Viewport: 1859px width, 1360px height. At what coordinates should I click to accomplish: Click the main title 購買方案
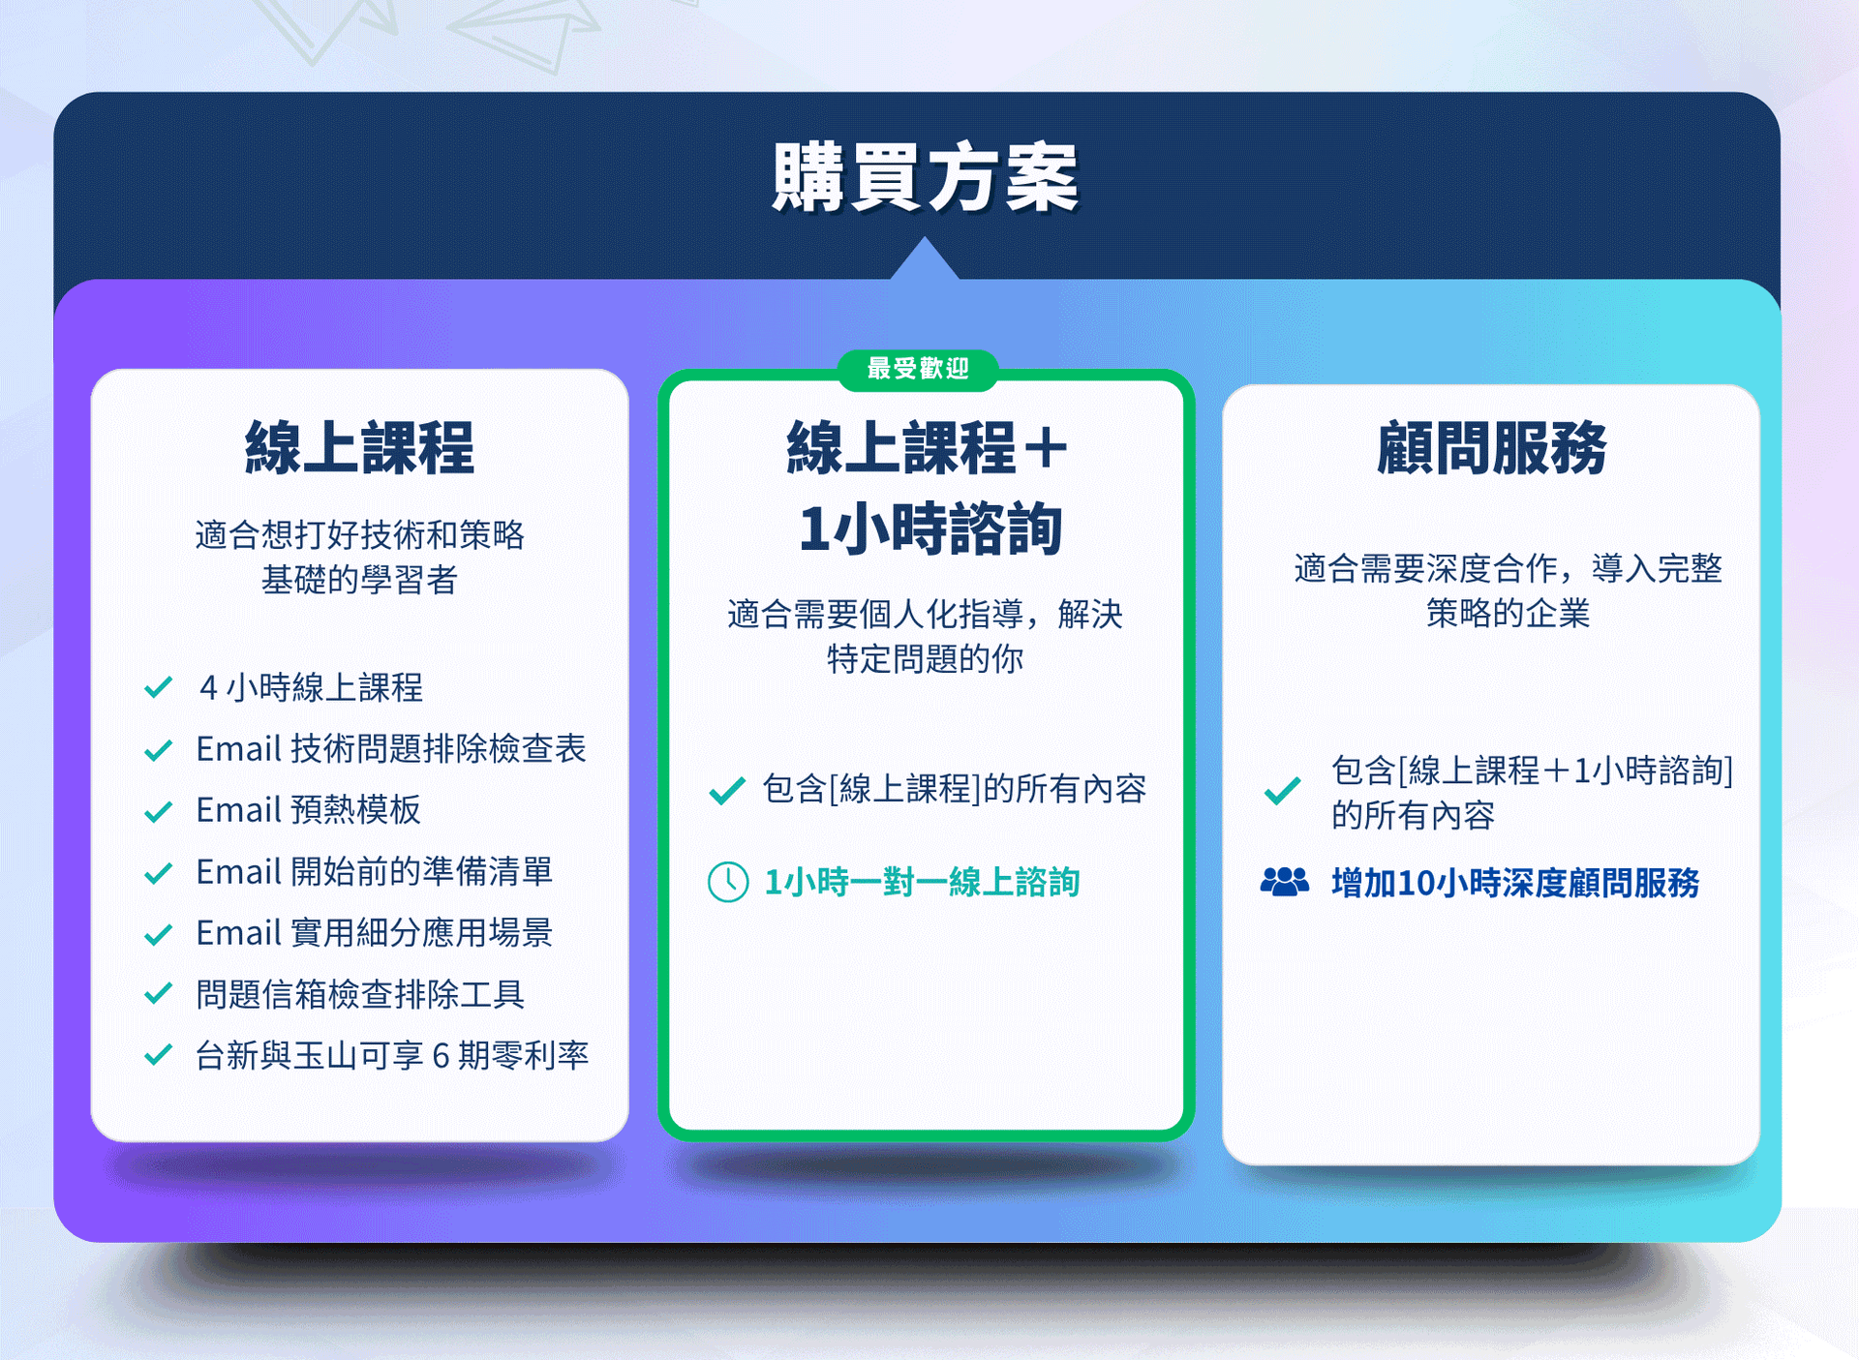(925, 177)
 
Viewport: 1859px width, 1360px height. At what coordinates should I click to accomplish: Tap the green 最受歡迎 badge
(918, 369)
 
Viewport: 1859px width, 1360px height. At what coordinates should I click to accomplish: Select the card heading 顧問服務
(1491, 448)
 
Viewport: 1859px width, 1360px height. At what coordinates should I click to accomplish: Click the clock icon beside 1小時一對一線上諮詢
(728, 882)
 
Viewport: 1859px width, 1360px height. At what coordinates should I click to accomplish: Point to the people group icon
(1285, 882)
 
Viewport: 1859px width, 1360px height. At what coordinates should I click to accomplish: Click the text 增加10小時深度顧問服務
(1515, 883)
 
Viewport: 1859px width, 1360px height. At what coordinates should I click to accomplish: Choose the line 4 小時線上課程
(311, 687)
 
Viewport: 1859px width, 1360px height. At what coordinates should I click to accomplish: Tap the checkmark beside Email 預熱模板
(158, 811)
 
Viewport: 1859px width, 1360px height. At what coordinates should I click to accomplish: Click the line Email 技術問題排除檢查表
(391, 748)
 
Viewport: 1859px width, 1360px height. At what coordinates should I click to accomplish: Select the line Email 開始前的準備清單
(375, 871)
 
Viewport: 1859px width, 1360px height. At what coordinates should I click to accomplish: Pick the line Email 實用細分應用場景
(375, 932)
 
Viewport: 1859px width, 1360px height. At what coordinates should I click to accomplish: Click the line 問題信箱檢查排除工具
(360, 994)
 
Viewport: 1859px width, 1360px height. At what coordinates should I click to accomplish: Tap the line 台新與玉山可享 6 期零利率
(392, 1055)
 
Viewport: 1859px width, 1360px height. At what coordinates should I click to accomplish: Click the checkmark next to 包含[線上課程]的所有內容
(727, 791)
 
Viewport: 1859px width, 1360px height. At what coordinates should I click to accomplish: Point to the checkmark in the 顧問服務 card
(1282, 792)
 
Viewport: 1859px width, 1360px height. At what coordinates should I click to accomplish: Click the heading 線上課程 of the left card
(359, 448)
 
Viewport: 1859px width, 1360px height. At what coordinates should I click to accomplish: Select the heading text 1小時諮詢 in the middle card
(930, 529)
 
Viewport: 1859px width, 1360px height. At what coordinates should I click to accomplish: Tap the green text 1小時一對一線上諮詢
(922, 883)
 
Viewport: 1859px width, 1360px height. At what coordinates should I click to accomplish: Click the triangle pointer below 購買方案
(925, 258)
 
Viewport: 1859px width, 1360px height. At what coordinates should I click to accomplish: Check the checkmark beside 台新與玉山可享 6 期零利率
(158, 1054)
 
